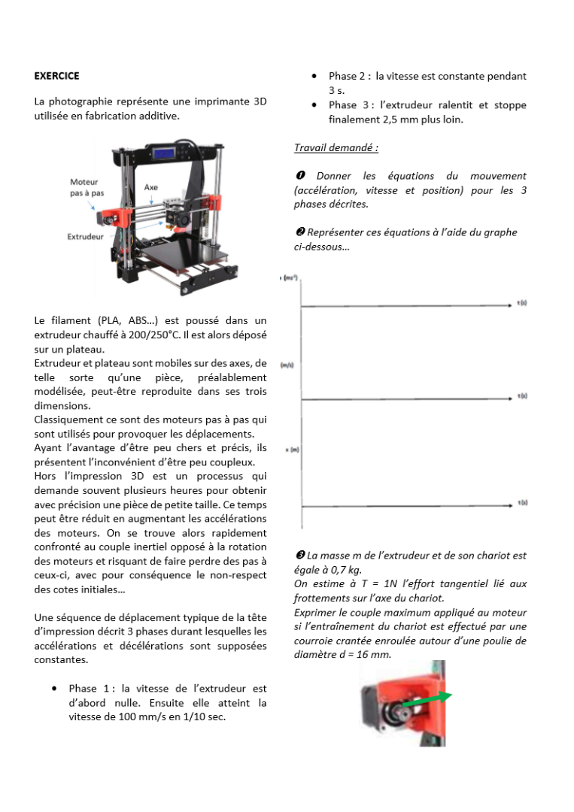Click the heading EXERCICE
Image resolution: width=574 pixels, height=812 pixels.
coord(56,76)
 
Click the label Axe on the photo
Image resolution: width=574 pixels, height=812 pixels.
coord(151,187)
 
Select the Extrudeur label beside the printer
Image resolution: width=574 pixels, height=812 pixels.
coord(85,236)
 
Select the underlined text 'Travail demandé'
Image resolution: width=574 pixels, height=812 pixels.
coord(336,147)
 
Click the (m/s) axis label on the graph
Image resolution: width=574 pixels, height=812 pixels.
coord(287,365)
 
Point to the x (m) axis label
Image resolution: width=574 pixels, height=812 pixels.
coord(293,450)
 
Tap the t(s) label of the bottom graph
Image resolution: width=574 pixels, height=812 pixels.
coord(522,502)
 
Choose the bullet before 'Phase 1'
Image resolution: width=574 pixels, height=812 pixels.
coord(55,689)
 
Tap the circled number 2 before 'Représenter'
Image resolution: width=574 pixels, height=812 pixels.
coord(299,232)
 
